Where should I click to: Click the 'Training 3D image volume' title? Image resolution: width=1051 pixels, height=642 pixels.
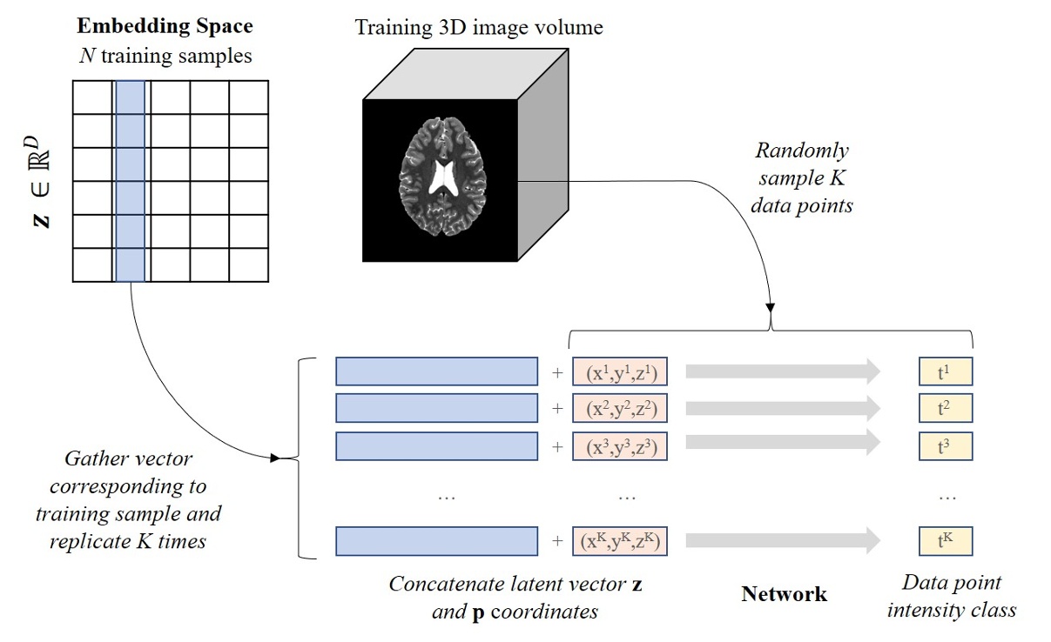tap(478, 28)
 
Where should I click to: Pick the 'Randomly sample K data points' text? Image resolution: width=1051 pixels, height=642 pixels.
tap(802, 178)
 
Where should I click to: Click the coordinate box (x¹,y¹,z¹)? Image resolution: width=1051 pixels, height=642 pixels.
tap(619, 372)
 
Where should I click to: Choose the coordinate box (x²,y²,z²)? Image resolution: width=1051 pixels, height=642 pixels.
tap(619, 408)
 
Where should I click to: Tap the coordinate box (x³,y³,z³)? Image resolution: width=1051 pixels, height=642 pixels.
tap(619, 445)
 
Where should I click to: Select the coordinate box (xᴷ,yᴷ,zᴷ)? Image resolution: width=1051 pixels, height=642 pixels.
tap(619, 541)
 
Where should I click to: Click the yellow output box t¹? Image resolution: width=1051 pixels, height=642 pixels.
tap(945, 372)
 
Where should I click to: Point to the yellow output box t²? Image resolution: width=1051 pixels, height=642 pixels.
tap(945, 408)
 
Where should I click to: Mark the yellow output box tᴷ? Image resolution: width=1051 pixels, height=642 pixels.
tap(945, 541)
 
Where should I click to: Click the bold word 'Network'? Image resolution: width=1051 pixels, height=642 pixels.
tap(784, 594)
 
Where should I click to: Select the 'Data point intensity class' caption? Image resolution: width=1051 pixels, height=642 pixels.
tap(951, 596)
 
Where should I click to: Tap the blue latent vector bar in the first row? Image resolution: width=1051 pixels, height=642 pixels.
tap(436, 372)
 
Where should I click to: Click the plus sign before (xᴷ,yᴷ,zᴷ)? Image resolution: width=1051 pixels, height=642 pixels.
tap(556, 541)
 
